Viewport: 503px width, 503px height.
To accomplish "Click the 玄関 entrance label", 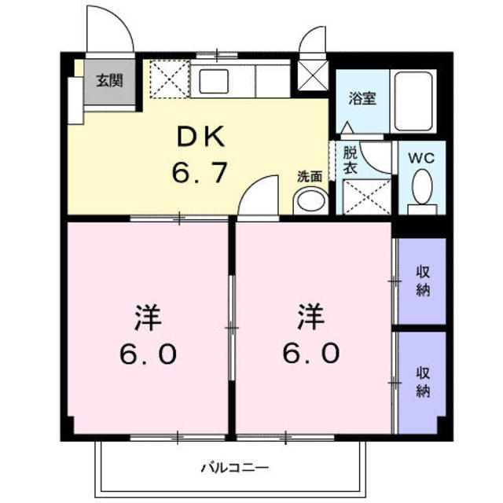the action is click(110, 80).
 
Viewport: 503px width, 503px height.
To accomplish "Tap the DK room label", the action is click(201, 137).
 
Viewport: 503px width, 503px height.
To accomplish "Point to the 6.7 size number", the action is click(200, 172).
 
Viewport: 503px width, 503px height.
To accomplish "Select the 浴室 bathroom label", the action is click(362, 98).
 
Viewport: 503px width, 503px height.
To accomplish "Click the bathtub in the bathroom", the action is click(413, 101).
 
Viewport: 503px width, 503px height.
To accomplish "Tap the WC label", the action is click(421, 158).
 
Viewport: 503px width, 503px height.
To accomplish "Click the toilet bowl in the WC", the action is click(422, 187).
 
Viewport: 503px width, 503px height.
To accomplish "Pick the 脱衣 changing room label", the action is click(350, 160).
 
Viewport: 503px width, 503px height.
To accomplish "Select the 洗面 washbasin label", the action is click(310, 176).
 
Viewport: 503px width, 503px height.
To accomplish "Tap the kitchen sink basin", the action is click(214, 82).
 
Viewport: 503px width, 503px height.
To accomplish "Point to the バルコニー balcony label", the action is click(234, 468).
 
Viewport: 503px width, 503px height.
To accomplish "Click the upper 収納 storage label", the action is click(423, 281).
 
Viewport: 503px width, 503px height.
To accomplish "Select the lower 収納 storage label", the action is click(423, 382).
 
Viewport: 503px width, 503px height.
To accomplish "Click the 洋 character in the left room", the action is click(149, 318).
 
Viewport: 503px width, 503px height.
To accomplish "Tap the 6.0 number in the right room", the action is click(310, 354).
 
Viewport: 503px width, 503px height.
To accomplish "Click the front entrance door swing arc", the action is click(121, 19).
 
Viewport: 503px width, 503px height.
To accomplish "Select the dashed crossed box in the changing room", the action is click(366, 196).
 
